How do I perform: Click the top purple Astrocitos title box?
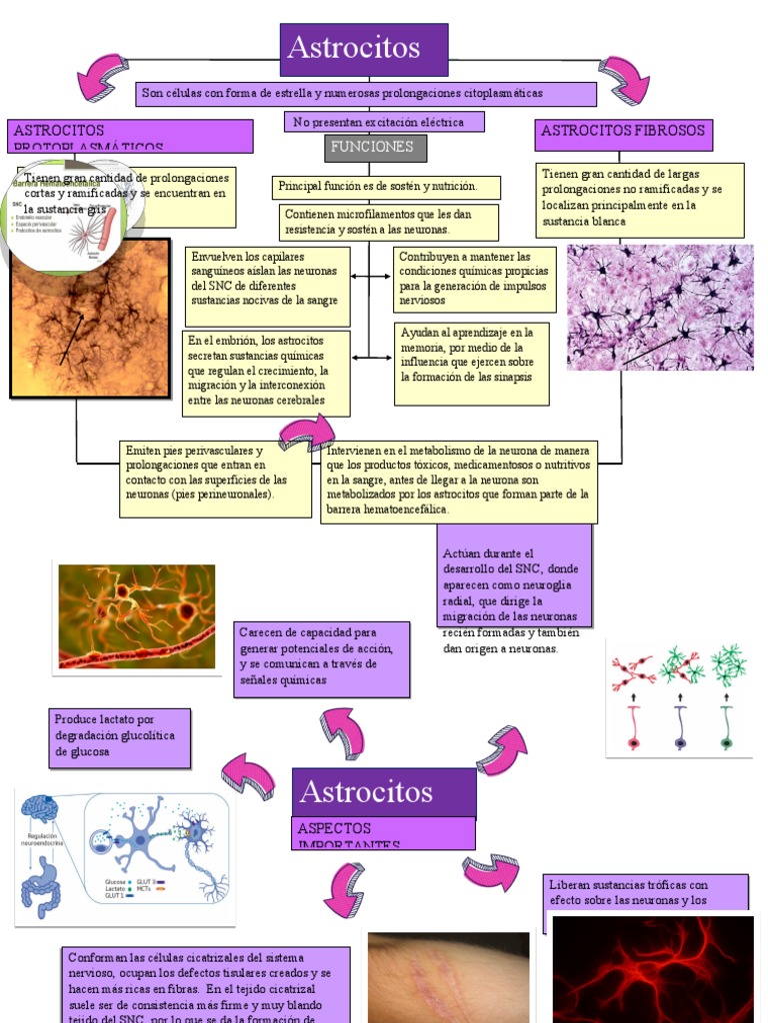(x=363, y=49)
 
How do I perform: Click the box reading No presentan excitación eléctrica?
(x=385, y=122)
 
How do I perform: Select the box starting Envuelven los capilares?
(x=267, y=286)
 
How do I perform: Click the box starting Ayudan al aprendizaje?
(x=471, y=364)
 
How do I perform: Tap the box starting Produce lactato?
(x=119, y=738)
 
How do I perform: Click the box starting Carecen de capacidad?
(x=323, y=658)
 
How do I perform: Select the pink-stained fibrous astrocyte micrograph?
(x=660, y=307)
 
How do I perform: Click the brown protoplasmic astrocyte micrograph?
(x=90, y=318)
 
